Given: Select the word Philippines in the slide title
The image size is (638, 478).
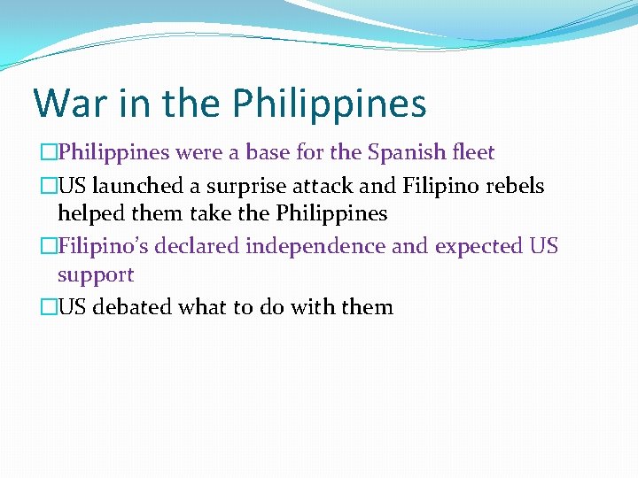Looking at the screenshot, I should pos(330,104).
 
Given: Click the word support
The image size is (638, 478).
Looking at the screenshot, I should pos(96,275).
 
